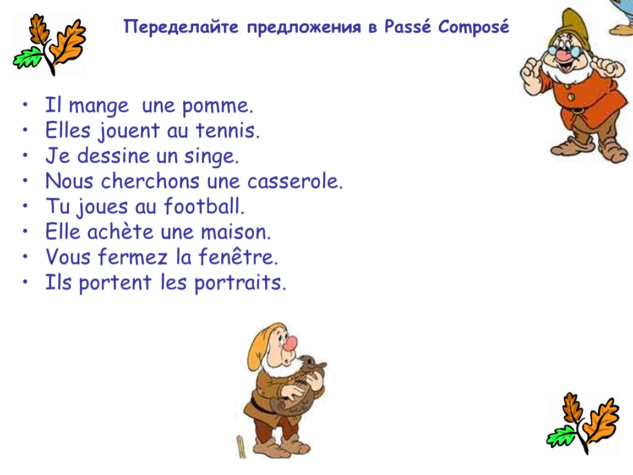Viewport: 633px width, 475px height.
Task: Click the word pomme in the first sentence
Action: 217,107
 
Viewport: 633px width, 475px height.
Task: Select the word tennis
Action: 228,130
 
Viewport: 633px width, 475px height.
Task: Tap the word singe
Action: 211,157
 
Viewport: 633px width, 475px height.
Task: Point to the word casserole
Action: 295,181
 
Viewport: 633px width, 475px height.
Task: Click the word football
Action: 204,206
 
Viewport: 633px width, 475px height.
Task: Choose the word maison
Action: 236,232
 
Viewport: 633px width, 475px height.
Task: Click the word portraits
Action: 240,283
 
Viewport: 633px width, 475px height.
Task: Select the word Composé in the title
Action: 473,27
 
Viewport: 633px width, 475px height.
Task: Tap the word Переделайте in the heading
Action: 181,27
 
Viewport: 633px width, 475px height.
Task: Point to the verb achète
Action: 121,231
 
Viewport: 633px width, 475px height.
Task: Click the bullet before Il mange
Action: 25,104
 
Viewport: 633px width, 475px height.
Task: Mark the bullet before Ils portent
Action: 25,281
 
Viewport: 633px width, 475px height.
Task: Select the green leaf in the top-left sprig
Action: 28,57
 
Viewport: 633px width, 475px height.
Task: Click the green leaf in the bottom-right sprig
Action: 561,436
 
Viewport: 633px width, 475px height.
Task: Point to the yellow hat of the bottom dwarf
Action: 263,343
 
